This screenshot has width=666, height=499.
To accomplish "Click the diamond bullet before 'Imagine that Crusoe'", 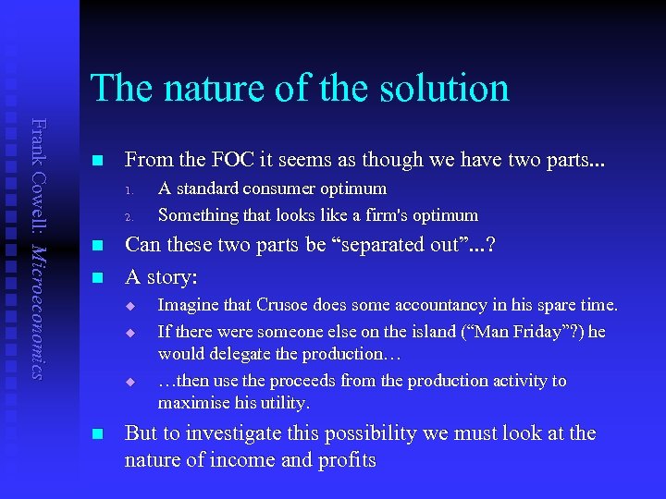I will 131,306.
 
